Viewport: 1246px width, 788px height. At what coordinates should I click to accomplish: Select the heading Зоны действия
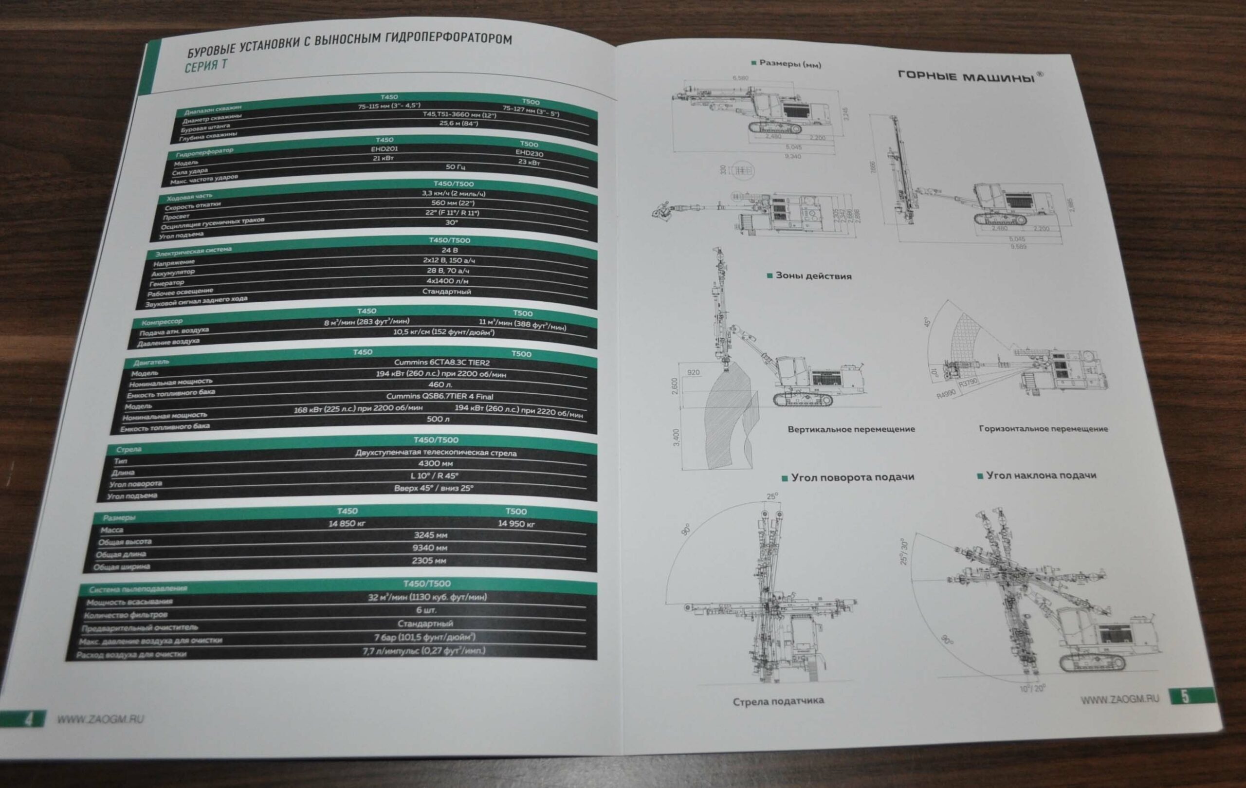(x=813, y=276)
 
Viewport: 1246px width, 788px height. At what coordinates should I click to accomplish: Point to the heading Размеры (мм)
(x=789, y=64)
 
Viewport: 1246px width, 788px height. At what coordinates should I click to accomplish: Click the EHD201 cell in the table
(x=385, y=149)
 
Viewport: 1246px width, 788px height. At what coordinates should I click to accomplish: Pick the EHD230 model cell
(x=529, y=153)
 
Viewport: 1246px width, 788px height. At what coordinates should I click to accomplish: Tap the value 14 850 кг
(x=347, y=524)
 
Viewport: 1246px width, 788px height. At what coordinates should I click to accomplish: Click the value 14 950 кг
(x=516, y=524)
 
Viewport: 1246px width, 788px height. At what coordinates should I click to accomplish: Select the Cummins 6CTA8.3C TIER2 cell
(x=441, y=363)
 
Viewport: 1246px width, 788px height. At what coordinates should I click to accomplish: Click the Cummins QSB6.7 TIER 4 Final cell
(x=440, y=396)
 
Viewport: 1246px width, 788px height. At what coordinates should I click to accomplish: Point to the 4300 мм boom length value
(x=435, y=463)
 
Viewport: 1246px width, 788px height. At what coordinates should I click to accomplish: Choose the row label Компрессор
(x=162, y=322)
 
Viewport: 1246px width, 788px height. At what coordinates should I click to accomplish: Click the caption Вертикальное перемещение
(x=851, y=429)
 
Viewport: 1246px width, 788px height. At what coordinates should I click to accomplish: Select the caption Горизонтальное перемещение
(x=1043, y=428)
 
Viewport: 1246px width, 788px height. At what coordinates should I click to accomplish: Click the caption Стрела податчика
(x=778, y=701)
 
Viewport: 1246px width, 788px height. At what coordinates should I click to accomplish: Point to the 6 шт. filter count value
(x=426, y=610)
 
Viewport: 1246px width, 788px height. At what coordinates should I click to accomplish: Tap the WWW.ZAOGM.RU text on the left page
(x=100, y=719)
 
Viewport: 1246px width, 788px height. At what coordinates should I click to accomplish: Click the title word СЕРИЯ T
(x=205, y=66)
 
